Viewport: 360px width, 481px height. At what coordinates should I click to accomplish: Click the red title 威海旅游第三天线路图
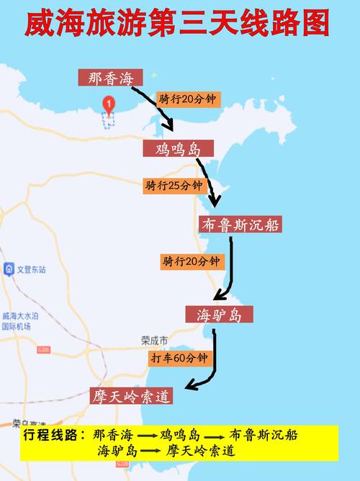[178, 24]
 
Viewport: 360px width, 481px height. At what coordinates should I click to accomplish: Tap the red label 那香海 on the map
[111, 77]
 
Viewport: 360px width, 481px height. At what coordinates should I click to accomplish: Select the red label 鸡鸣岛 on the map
[178, 149]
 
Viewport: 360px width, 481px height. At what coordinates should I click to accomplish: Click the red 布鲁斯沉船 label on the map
[240, 225]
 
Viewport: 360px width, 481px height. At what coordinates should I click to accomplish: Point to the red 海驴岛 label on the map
[224, 315]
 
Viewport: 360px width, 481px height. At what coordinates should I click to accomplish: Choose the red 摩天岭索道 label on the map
[131, 396]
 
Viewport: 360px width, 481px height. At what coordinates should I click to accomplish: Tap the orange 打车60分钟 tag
[179, 357]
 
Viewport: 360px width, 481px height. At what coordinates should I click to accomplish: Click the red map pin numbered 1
[108, 105]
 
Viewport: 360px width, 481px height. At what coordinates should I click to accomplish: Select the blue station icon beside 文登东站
[9, 269]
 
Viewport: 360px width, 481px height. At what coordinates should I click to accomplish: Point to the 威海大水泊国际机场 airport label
[19, 320]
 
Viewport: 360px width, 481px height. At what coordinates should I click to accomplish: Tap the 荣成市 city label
[154, 339]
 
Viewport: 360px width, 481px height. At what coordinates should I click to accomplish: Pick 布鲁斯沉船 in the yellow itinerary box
[263, 436]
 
